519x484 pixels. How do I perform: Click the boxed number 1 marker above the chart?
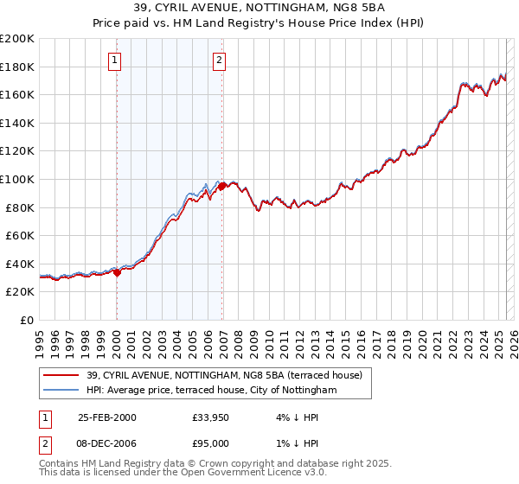coord(116,60)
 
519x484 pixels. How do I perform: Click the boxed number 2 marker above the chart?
coord(220,60)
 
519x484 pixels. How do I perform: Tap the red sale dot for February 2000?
coord(118,271)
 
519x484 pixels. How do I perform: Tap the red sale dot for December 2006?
coord(222,186)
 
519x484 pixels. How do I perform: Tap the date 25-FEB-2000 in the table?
coord(106,417)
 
